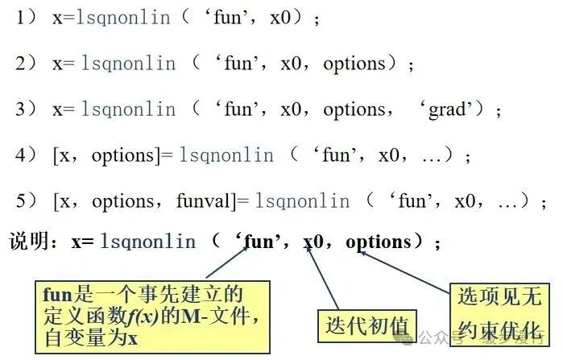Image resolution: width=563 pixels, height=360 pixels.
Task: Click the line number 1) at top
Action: tap(26, 17)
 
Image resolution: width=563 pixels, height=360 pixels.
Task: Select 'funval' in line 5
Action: tap(203, 201)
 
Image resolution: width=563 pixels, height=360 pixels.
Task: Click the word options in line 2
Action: tap(354, 64)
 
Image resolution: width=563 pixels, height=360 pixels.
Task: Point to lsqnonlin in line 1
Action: tap(123, 17)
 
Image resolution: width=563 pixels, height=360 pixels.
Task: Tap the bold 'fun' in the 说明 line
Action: tap(259, 241)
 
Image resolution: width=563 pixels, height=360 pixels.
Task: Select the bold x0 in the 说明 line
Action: tap(313, 241)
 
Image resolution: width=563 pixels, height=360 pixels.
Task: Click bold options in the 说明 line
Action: tap(378, 242)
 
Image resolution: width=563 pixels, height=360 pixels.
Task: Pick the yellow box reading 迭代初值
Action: tap(367, 326)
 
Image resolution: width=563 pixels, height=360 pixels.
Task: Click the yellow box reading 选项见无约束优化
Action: tap(499, 315)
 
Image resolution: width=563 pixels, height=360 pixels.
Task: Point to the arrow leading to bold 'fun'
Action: tap(227, 263)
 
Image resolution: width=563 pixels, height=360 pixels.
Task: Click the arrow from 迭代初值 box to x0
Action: tap(322, 277)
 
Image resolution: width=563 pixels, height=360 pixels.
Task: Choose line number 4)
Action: tap(26, 155)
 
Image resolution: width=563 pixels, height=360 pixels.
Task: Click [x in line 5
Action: tap(61, 201)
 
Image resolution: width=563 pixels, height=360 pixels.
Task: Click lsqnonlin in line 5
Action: tap(302, 201)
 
